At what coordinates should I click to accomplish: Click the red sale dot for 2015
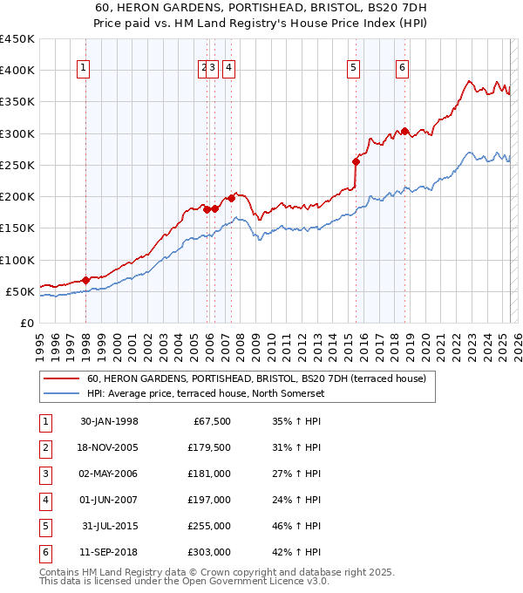pyautogui.click(x=356, y=161)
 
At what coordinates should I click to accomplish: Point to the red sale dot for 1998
pyautogui.click(x=85, y=280)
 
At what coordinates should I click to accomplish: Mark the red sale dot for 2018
pyautogui.click(x=404, y=132)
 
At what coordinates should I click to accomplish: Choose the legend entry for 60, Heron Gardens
pyautogui.click(x=255, y=378)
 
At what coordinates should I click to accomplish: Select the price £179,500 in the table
pyautogui.click(x=209, y=448)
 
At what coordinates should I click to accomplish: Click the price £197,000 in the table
pyautogui.click(x=209, y=501)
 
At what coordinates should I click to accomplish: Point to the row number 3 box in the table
pyautogui.click(x=44, y=474)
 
